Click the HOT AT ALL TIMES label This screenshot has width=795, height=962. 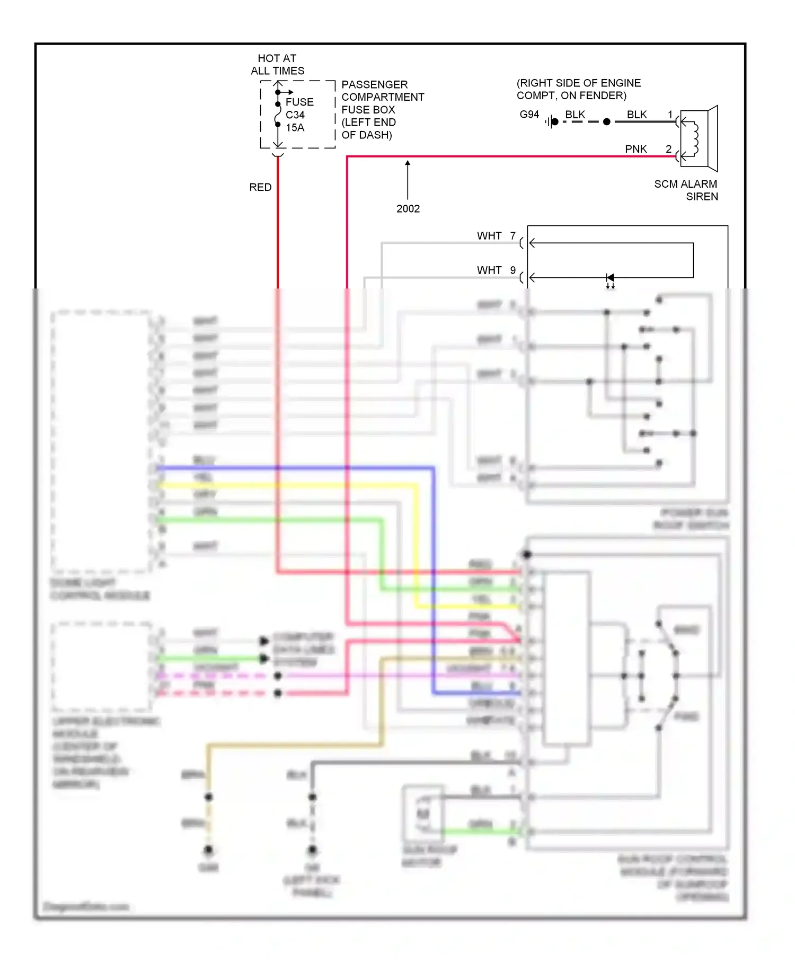point(277,64)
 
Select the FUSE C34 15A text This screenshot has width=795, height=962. point(299,115)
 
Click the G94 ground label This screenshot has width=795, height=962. point(529,115)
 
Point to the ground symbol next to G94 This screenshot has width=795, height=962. point(551,122)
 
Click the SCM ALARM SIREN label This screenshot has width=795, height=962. point(686,190)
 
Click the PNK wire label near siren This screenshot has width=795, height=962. point(635,150)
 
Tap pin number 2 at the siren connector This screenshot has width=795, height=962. point(668,150)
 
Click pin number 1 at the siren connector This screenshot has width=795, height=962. point(670,115)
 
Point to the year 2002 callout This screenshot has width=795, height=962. point(408,209)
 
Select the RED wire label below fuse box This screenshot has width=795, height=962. point(260,187)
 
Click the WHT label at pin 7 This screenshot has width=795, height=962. point(489,236)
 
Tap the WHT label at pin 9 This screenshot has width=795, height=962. point(489,270)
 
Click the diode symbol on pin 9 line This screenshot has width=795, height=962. point(610,278)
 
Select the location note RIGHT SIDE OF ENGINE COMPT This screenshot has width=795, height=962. point(578,89)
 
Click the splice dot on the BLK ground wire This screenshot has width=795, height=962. point(607,122)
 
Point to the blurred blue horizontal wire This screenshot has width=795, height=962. point(297,468)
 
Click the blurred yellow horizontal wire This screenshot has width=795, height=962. point(286,485)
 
